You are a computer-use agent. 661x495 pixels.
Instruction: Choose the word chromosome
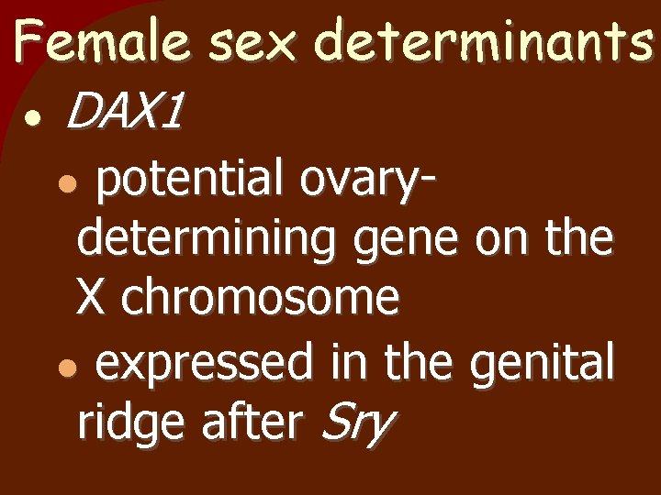[260, 298]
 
